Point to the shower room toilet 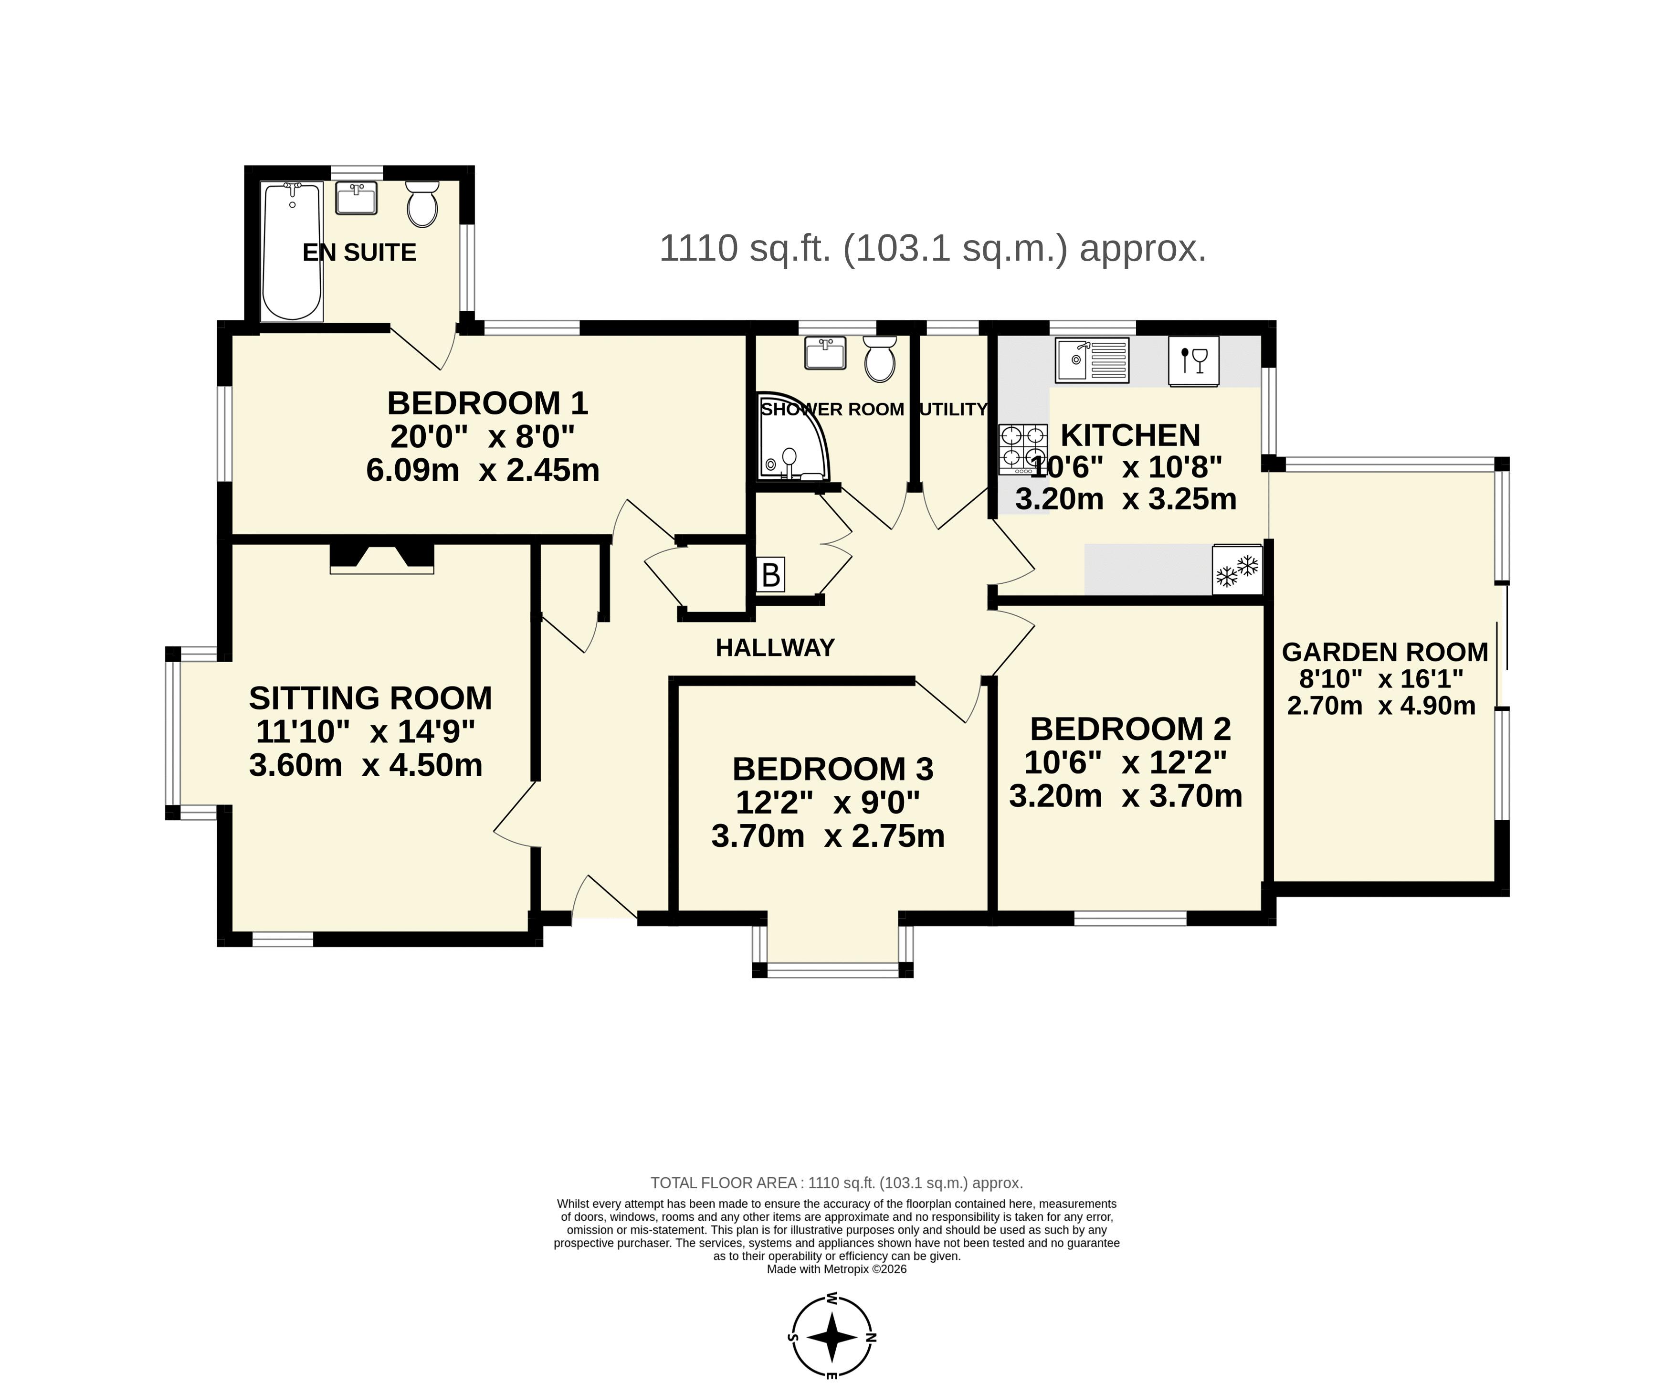pos(880,359)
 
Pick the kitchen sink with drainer pos(1092,360)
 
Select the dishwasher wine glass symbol pos(1194,361)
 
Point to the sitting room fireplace pos(382,558)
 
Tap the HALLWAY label pos(775,648)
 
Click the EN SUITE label pos(359,253)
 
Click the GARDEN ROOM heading pos(1385,652)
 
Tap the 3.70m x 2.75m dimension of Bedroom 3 pos(827,836)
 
